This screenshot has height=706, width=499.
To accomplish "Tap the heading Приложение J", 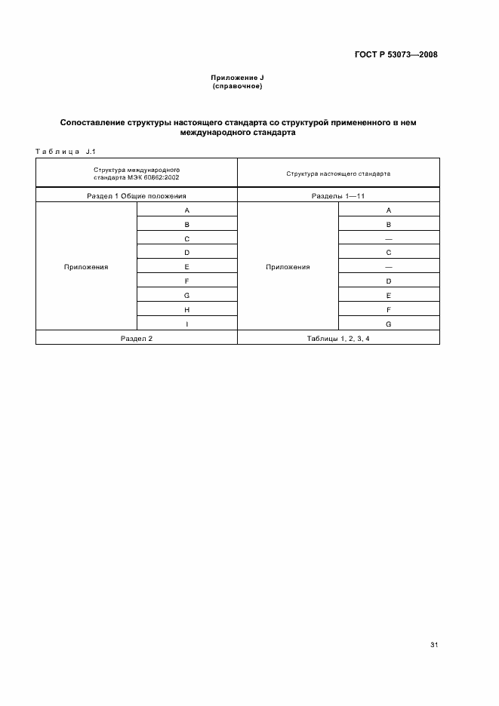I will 237,78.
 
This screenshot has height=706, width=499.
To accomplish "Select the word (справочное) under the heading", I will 237,87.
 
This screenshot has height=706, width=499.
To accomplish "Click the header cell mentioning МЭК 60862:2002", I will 137,173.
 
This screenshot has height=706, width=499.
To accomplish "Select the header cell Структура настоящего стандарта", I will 338,173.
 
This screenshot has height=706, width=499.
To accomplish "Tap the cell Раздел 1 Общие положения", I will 137,195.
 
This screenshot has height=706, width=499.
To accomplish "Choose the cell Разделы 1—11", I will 338,195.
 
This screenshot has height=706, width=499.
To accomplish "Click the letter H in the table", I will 186,310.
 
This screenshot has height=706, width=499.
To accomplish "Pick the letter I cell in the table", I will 186,324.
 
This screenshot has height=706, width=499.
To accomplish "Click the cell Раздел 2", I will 137,339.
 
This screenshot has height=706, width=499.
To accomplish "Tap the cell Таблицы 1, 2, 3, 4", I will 338,339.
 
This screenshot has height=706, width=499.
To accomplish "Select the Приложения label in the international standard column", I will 86,267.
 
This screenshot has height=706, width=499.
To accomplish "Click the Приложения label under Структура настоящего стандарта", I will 288,267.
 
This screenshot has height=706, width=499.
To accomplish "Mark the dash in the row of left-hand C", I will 388,238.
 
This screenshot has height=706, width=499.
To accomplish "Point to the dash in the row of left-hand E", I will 388,267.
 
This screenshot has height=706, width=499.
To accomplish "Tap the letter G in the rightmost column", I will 388,324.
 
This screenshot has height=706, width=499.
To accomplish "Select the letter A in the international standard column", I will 186,210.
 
